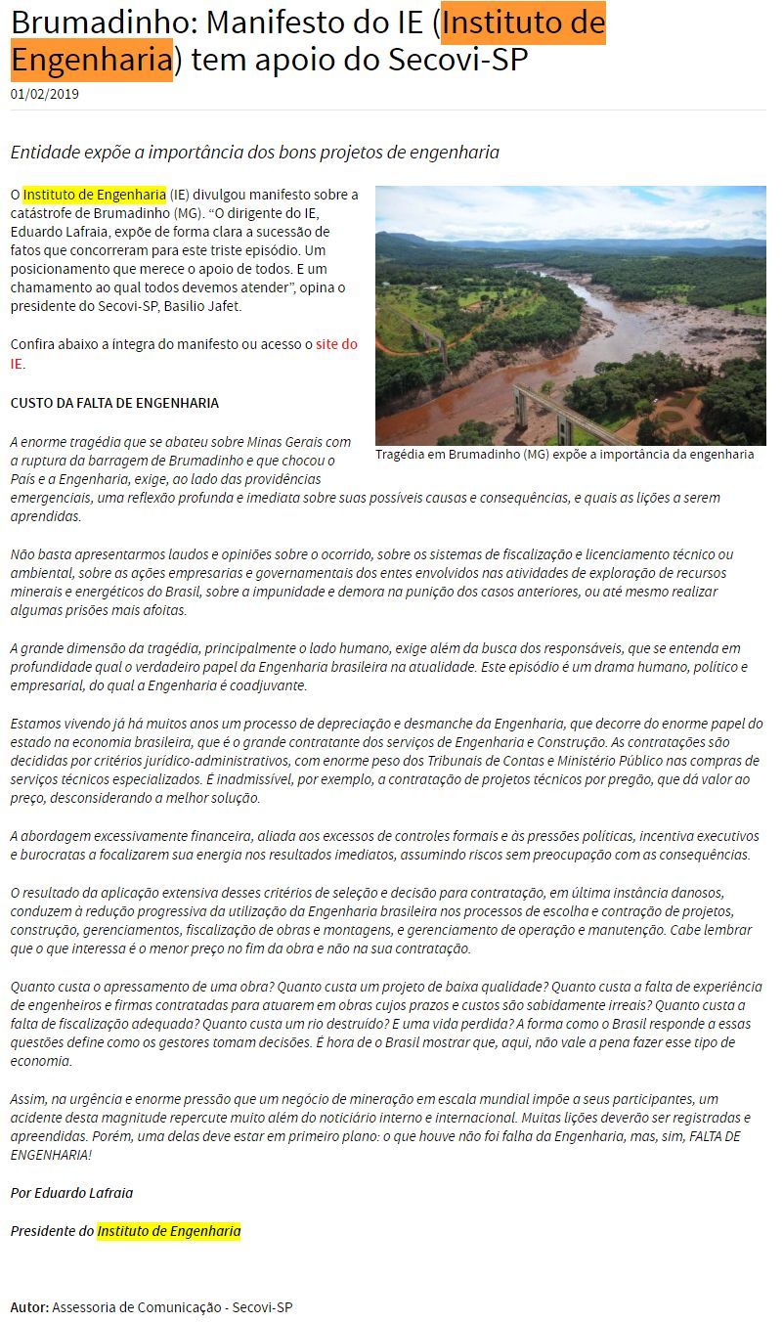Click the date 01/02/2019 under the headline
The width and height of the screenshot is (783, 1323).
click(x=45, y=95)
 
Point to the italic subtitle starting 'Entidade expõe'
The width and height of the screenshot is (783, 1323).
click(x=254, y=153)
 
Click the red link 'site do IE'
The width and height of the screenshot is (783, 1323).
click(x=336, y=344)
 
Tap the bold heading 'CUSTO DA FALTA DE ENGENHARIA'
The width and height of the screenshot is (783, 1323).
click(x=114, y=403)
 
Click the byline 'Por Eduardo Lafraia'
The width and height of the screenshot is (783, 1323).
click(x=71, y=1193)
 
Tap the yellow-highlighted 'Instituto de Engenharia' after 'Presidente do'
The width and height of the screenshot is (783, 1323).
click(x=168, y=1231)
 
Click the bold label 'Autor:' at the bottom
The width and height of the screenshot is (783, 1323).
click(x=29, y=1307)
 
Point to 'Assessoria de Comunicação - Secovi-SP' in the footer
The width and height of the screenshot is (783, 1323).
click(x=172, y=1307)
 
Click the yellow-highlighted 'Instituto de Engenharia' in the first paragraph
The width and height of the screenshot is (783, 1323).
click(x=94, y=194)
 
